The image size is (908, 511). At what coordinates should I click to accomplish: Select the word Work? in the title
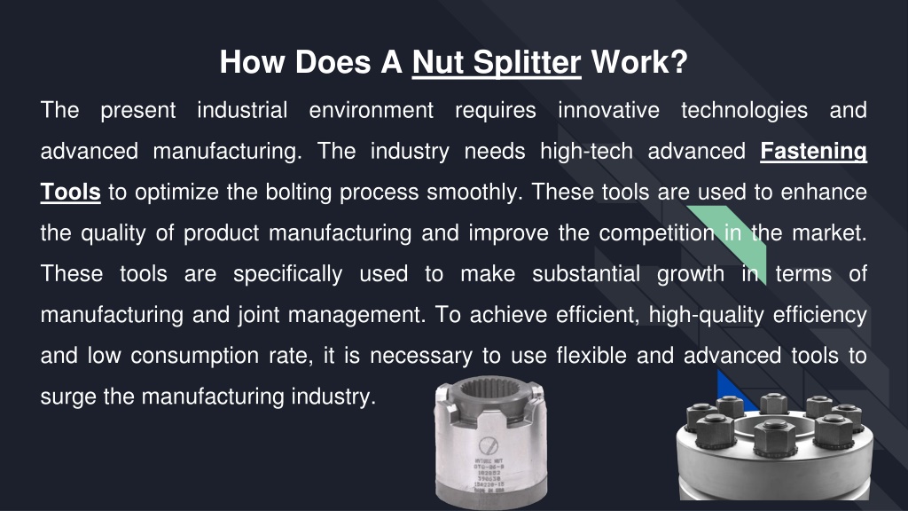click(638, 62)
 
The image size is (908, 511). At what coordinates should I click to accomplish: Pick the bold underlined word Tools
click(70, 193)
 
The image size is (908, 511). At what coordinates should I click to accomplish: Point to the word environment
click(372, 111)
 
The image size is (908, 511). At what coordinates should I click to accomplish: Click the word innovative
click(608, 111)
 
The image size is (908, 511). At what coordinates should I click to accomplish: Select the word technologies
click(744, 111)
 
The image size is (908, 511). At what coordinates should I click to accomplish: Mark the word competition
click(656, 233)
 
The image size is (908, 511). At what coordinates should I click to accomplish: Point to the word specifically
click(287, 274)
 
